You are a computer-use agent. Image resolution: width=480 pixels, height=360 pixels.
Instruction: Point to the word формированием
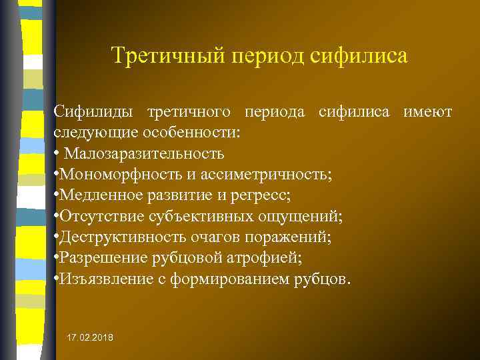(222, 279)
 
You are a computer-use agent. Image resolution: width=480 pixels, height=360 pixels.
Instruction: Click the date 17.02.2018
(90, 339)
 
